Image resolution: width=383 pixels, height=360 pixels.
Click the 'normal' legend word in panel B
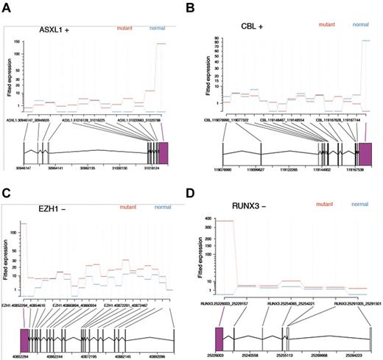tap(361, 24)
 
